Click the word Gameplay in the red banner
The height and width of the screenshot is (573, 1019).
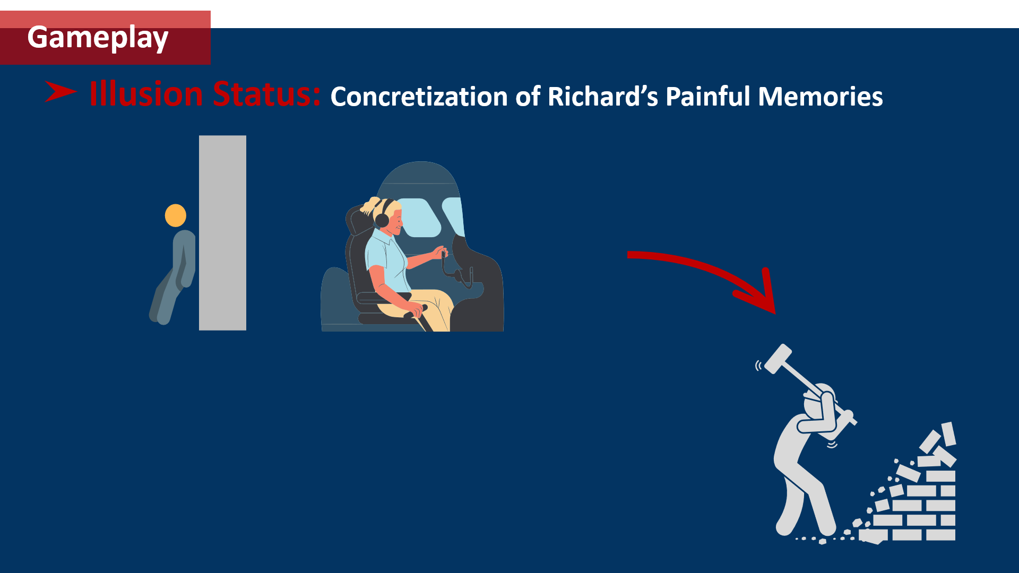[98, 38]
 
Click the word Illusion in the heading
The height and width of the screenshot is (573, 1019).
[146, 94]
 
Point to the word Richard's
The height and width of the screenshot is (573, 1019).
[602, 97]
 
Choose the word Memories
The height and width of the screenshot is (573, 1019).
[821, 97]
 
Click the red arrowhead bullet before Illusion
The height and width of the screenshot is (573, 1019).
[61, 91]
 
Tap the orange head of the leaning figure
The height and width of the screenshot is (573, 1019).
[176, 215]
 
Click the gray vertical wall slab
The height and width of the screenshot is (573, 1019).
[222, 233]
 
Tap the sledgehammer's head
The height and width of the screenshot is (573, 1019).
[778, 359]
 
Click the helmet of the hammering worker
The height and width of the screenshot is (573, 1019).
[820, 395]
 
